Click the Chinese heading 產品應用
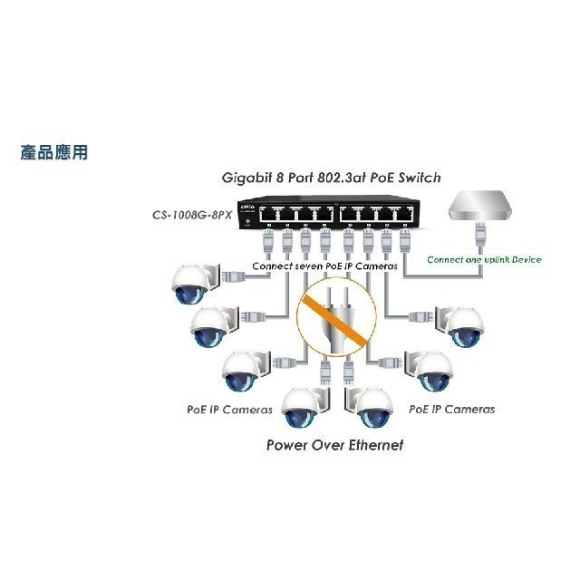click(54, 152)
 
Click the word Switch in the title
click(420, 178)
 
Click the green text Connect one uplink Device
click(484, 260)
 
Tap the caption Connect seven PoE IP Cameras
click(324, 266)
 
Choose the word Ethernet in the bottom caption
click(368, 445)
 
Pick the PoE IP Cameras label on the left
click(228, 410)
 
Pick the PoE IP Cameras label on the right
click(452, 410)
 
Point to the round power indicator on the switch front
click(246, 226)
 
